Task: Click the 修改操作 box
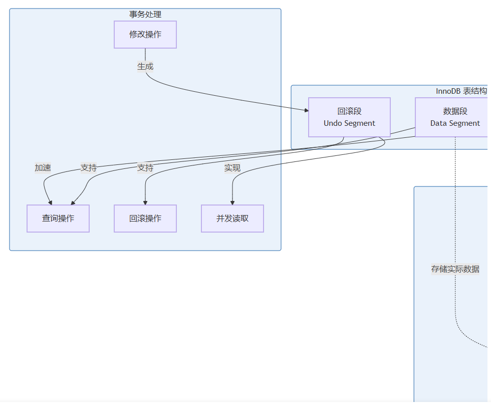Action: click(x=145, y=35)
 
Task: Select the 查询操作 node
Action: click(x=58, y=219)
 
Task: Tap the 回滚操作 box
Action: click(x=145, y=219)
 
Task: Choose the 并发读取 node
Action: click(x=232, y=219)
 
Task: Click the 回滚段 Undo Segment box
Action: click(x=349, y=117)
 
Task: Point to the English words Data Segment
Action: click(x=455, y=123)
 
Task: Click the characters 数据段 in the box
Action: click(x=455, y=111)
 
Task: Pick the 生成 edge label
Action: click(x=145, y=66)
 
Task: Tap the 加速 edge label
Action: click(x=43, y=168)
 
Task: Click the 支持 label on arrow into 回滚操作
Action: click(x=145, y=168)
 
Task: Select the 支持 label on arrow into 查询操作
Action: click(x=89, y=168)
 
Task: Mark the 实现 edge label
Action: click(x=232, y=168)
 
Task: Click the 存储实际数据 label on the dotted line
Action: click(x=455, y=269)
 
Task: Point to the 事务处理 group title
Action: click(x=145, y=15)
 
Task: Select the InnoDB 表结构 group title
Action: click(x=461, y=91)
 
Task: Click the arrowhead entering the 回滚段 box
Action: click(x=306, y=110)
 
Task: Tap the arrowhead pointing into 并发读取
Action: click(x=232, y=203)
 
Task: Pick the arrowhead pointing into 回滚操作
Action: click(x=145, y=203)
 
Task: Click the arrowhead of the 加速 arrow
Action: click(x=50, y=203)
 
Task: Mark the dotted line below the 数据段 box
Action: click(x=455, y=211)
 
